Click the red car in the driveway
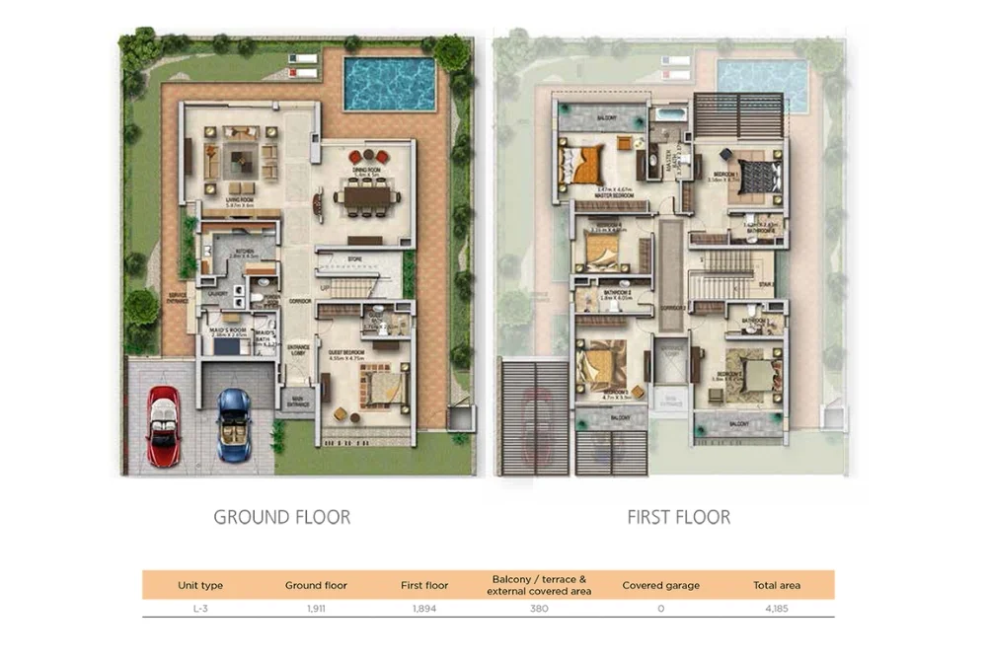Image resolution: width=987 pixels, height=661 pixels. pyautogui.click(x=164, y=425)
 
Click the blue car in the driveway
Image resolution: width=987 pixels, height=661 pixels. pyautogui.click(x=233, y=424)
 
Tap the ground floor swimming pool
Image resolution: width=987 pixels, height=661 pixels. pyautogui.click(x=389, y=84)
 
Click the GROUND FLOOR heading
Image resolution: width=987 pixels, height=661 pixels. pyautogui.click(x=281, y=517)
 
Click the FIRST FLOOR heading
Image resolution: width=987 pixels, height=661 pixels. pyautogui.click(x=678, y=517)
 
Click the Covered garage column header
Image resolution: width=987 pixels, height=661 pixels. pyautogui.click(x=660, y=585)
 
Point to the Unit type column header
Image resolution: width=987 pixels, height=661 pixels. pyautogui.click(x=200, y=585)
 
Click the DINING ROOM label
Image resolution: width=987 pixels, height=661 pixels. pyautogui.click(x=366, y=169)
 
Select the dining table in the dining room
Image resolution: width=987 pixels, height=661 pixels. pyautogui.click(x=366, y=196)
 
